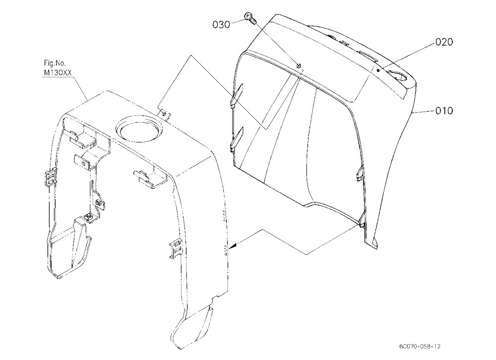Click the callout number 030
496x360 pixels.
221,24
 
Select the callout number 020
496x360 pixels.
444,42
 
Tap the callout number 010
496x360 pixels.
444,111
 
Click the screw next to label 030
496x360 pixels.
250,18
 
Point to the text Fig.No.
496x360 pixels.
55,63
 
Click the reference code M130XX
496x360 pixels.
58,73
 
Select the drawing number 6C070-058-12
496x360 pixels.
420,347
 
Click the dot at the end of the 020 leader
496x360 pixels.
377,70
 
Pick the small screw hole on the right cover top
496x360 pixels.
299,66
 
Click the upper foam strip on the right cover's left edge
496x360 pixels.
237,96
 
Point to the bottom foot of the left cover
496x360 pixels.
192,327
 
